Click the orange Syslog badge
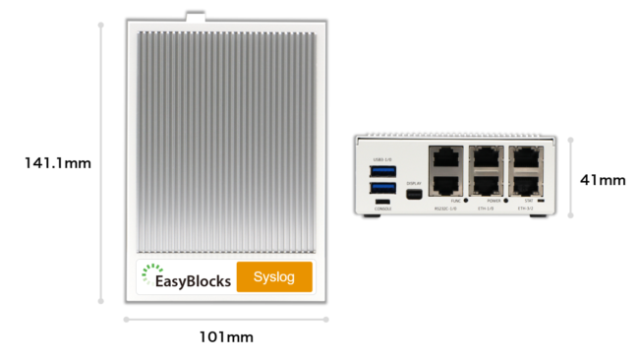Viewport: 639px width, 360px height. (x=274, y=277)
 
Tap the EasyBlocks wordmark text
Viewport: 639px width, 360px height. (x=194, y=281)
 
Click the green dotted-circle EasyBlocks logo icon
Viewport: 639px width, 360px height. (x=148, y=275)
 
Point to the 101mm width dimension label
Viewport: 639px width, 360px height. (x=226, y=337)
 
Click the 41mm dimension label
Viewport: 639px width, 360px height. (x=603, y=179)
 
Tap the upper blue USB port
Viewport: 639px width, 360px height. (x=383, y=171)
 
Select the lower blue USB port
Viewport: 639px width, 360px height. (x=383, y=188)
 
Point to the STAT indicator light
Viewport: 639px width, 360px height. (x=542, y=201)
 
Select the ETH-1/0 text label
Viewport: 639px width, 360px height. (x=486, y=209)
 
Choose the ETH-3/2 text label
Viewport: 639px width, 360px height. (x=526, y=209)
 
